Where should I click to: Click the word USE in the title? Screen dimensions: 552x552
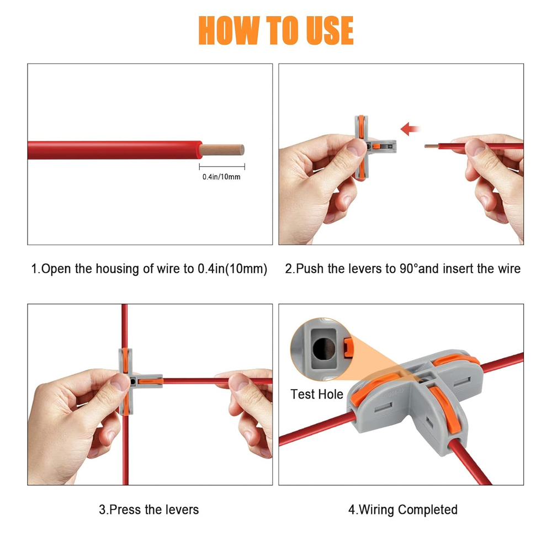click(x=330, y=30)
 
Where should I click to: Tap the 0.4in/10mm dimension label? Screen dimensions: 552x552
click(x=221, y=177)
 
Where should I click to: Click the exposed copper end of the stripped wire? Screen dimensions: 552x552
click(x=222, y=150)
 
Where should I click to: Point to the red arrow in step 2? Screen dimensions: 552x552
click(x=410, y=129)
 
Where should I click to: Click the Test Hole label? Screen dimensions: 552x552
click(x=316, y=394)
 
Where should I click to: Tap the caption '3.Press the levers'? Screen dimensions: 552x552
click(x=149, y=509)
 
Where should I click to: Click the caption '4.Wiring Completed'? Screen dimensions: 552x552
click(x=403, y=509)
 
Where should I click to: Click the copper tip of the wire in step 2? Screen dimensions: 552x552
click(x=432, y=146)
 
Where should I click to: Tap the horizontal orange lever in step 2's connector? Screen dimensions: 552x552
click(x=376, y=146)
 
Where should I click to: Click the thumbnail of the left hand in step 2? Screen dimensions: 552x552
click(x=356, y=147)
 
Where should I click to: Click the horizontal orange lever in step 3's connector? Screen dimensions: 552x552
click(x=151, y=381)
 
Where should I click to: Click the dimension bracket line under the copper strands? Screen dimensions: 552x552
click(x=222, y=167)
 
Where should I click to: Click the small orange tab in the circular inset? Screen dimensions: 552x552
click(x=347, y=348)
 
